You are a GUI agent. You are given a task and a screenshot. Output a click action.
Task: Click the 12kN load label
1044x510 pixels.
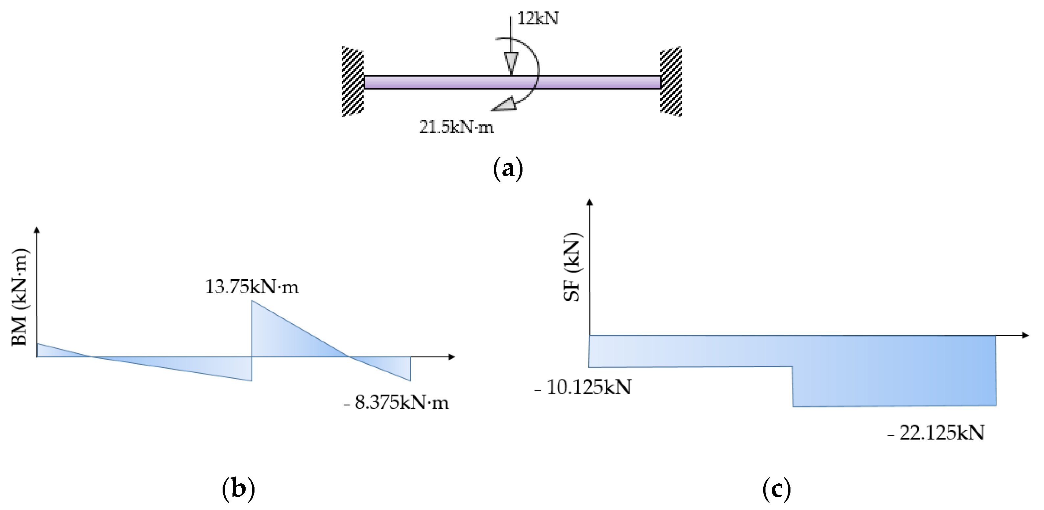538,19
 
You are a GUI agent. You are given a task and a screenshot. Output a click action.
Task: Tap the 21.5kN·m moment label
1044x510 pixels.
456,127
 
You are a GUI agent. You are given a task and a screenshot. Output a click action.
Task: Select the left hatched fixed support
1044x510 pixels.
352,82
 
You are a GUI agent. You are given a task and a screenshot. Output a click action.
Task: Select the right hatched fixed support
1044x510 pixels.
671,82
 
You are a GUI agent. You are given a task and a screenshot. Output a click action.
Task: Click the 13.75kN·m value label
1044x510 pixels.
252,287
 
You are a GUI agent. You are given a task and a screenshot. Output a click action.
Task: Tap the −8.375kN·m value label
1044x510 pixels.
396,402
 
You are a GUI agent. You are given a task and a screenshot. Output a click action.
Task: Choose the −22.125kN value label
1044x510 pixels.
936,433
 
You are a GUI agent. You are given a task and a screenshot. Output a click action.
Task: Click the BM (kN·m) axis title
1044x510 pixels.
19,297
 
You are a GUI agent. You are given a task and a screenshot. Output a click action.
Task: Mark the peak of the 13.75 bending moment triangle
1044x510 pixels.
252,301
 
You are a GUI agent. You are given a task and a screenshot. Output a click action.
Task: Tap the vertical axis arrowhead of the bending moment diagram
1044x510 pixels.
37,230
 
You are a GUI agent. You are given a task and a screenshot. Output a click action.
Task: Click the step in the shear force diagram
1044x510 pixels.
793,386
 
